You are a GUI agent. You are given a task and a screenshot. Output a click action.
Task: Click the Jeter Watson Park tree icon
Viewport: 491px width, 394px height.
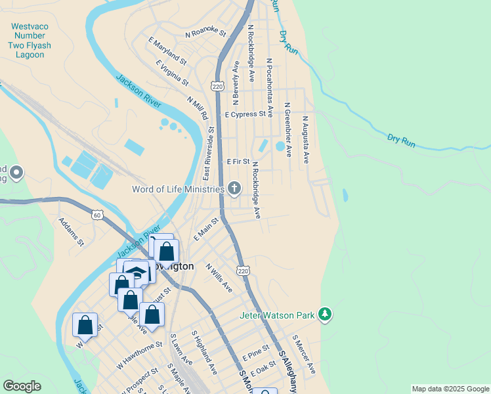[x=324, y=315]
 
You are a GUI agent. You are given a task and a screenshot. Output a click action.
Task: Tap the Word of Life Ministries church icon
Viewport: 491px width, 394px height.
[x=234, y=190]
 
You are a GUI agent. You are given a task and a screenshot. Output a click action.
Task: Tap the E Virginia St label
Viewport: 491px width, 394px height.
[x=173, y=74]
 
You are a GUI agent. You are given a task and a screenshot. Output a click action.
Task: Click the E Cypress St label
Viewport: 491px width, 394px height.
[x=248, y=114]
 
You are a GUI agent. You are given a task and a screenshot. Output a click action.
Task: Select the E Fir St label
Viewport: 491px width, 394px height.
[x=238, y=161]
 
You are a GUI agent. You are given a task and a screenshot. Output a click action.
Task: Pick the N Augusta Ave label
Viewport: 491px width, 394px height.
[x=305, y=140]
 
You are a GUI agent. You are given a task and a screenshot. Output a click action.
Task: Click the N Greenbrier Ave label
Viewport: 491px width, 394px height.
[x=288, y=129]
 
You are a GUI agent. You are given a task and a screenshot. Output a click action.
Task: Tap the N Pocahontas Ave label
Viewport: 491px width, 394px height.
[x=269, y=87]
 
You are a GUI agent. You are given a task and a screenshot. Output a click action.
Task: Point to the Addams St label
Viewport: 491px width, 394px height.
[x=72, y=232]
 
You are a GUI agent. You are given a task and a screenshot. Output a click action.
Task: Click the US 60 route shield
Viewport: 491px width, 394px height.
[x=97, y=215]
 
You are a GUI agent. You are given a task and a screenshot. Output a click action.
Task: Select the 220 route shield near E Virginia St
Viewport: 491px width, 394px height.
[x=218, y=86]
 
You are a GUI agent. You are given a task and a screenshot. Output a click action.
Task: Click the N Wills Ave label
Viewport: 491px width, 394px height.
[x=219, y=278]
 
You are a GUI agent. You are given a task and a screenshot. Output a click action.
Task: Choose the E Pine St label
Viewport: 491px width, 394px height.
[x=256, y=353]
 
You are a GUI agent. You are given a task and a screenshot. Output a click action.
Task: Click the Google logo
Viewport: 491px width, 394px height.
[x=22, y=386]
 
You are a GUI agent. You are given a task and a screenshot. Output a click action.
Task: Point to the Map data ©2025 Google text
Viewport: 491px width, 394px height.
[x=450, y=389]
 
